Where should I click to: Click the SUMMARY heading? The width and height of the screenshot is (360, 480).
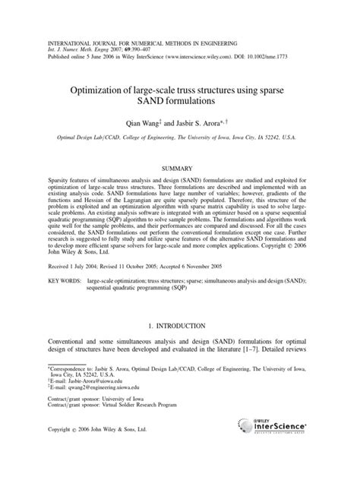[179, 166]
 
